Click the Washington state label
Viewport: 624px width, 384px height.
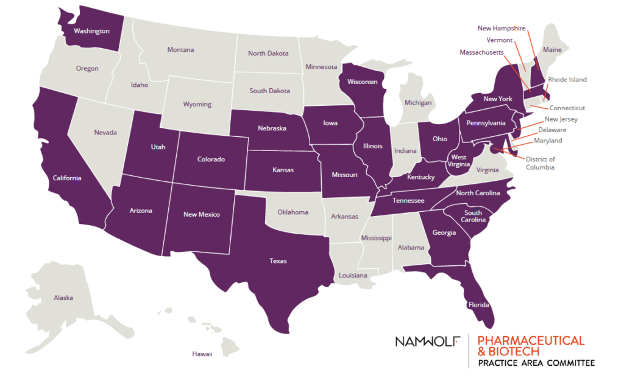tap(91, 30)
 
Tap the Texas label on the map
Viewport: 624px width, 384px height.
tap(278, 261)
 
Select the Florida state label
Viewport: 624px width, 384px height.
tap(479, 305)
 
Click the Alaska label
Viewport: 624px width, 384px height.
tap(63, 298)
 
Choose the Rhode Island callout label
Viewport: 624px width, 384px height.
tap(567, 80)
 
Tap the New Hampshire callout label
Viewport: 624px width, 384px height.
tap(502, 28)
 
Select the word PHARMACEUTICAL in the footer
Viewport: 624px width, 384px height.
tap(531, 340)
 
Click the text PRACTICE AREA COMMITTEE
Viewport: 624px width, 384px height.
tap(536, 363)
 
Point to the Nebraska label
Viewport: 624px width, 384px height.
tap(271, 128)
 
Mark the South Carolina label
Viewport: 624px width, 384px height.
tap(473, 217)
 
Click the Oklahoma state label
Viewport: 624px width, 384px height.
tap(293, 212)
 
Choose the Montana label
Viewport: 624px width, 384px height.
tap(180, 50)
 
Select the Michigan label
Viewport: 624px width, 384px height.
tap(418, 103)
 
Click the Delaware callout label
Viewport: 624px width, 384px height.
tap(552, 130)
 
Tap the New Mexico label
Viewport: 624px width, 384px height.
tap(202, 214)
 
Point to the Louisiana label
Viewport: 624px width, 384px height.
tap(353, 276)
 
